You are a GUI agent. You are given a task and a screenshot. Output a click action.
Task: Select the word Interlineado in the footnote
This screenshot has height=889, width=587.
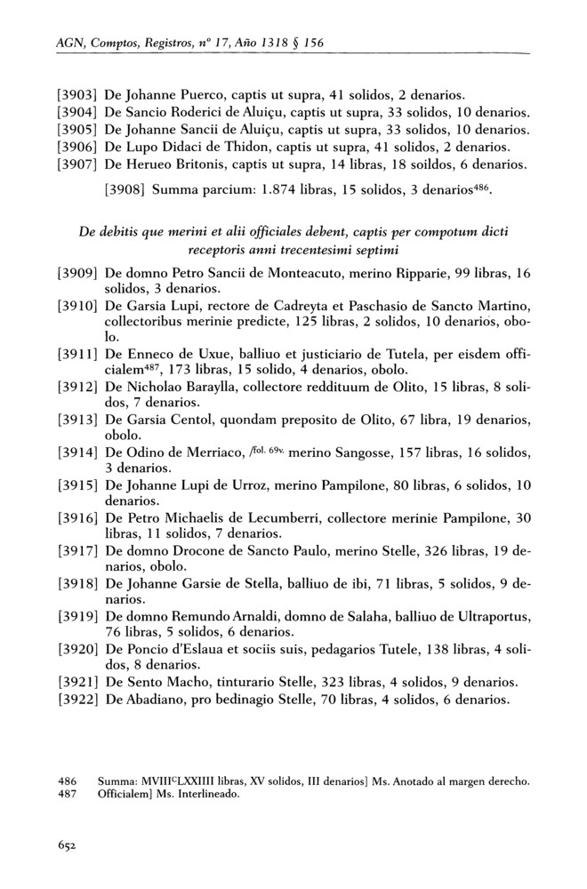(x=201, y=794)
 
